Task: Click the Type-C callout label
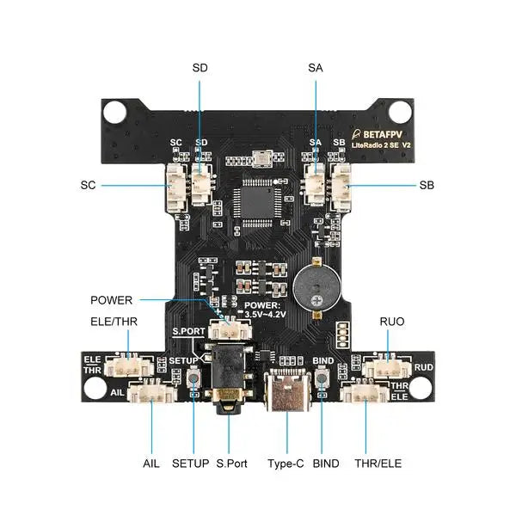[x=286, y=464]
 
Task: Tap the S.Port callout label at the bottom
[x=232, y=464]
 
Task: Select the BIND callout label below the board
[x=326, y=464]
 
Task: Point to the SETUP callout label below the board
[x=190, y=464]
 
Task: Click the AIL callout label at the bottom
[x=151, y=464]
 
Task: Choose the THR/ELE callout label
[x=378, y=464]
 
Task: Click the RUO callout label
[x=392, y=322]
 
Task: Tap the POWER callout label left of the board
[x=112, y=300]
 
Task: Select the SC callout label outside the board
[x=88, y=185]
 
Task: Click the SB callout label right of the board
[x=427, y=185]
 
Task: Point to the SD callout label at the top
[x=200, y=67]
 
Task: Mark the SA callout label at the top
[x=315, y=67]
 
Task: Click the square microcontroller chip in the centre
[x=257, y=199]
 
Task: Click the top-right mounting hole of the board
[x=400, y=112]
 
